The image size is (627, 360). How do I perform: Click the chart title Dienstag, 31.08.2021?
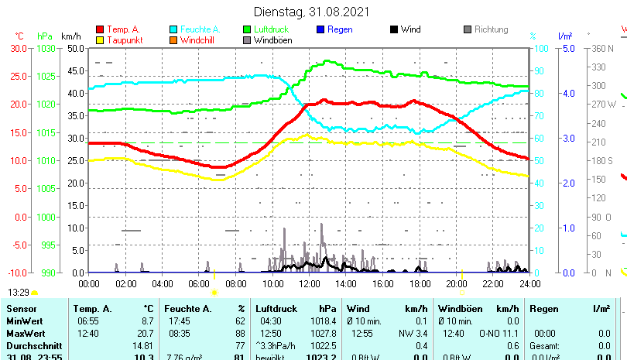312,12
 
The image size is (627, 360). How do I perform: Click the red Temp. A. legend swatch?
99,29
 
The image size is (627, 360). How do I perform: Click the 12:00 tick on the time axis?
309,283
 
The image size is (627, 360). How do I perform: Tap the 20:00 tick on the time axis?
456,283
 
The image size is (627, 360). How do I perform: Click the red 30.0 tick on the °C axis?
19,48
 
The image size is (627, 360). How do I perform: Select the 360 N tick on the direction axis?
602,48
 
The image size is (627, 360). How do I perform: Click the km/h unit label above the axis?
70,36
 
